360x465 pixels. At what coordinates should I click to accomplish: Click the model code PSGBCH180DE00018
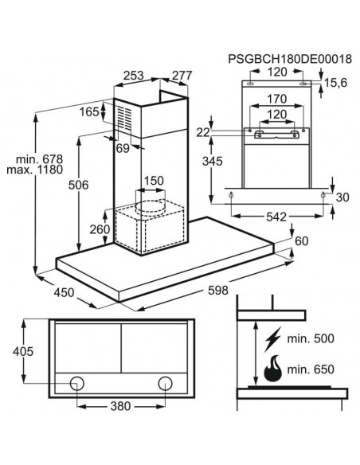pos(290,59)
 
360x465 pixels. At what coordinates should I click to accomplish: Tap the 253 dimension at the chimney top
pos(133,76)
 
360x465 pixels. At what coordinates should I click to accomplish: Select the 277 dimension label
pos(182,76)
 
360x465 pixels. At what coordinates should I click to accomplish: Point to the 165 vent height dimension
pos(89,111)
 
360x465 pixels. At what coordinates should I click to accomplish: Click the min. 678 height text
pos(39,159)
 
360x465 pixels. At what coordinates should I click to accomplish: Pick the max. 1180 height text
pos(35,170)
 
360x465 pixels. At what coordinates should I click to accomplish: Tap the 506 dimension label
pos(78,185)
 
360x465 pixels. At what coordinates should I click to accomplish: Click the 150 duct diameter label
pos(154,181)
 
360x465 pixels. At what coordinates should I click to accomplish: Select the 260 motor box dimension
pos(100,229)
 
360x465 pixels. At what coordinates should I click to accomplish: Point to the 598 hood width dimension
pos(218,291)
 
